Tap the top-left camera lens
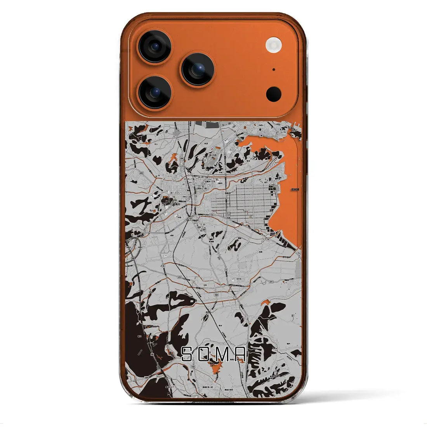[154, 47]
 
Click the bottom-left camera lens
[154, 92]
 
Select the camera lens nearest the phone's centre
[198, 69]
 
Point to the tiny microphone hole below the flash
[274, 69]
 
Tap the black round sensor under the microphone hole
[274, 94]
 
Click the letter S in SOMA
[187, 354]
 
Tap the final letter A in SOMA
[240, 354]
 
